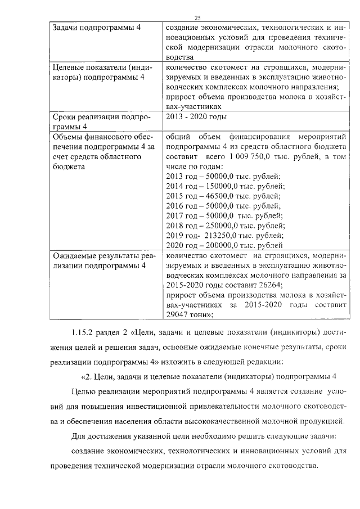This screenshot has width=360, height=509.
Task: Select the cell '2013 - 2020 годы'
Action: coord(196,117)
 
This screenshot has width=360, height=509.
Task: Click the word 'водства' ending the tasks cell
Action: coord(181,57)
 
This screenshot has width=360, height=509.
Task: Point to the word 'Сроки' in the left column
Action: coord(64,117)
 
